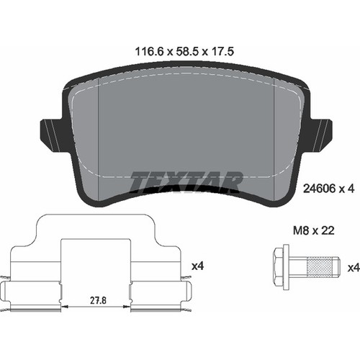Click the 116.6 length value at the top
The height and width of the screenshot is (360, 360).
(149, 52)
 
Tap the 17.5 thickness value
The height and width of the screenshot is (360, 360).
(222, 52)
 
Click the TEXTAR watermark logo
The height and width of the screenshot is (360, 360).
(186, 182)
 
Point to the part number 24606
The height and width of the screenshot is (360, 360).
(319, 189)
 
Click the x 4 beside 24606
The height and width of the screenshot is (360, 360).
(346, 189)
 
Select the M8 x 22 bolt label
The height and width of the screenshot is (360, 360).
(314, 230)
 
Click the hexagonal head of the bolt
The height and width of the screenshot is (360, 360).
(279, 267)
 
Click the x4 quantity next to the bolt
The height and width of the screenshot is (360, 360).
(354, 267)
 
